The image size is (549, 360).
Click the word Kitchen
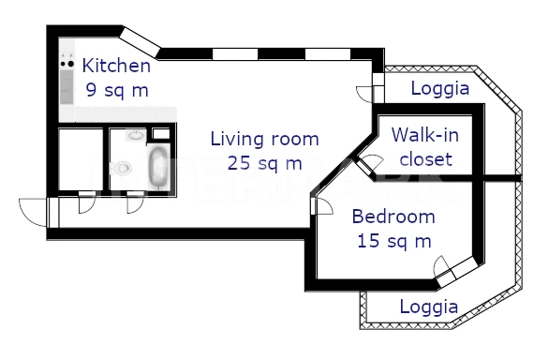tap(116, 66)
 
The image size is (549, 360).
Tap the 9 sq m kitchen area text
tap(117, 90)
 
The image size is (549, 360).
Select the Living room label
tap(265, 139)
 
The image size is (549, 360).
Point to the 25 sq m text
tap(265, 163)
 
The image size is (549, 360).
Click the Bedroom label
tap(393, 217)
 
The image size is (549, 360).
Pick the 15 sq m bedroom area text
tap(393, 241)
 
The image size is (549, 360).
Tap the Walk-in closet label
tap(425, 147)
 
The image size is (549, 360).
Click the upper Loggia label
tap(440, 88)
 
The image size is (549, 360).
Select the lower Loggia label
tap(429, 307)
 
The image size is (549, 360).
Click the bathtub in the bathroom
tap(158, 167)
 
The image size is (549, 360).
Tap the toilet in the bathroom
tap(121, 168)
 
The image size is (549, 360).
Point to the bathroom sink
tap(136, 135)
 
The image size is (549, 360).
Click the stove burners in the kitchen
tap(67, 64)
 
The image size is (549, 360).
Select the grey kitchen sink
tap(67, 87)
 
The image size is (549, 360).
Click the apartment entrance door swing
tap(32, 212)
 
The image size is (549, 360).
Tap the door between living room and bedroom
tap(322, 205)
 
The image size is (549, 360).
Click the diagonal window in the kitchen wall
tap(141, 42)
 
